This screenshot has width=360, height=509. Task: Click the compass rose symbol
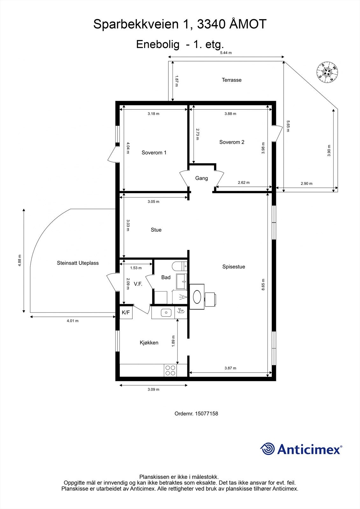click(327, 72)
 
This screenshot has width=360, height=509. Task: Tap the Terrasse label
click(231, 80)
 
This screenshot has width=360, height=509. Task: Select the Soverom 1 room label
click(154, 153)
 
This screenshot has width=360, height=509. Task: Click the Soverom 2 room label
click(232, 142)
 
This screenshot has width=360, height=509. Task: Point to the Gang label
click(201, 178)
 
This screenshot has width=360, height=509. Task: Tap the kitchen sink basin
click(166, 313)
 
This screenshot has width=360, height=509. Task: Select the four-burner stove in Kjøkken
click(170, 370)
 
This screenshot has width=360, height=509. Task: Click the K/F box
click(126, 312)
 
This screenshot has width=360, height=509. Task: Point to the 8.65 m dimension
click(263, 284)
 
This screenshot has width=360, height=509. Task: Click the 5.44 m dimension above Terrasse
click(226, 53)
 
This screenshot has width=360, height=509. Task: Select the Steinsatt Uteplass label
click(78, 263)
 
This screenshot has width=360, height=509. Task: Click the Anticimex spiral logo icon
click(267, 449)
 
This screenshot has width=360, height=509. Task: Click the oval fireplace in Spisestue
click(197, 297)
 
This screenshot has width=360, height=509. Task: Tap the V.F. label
click(138, 284)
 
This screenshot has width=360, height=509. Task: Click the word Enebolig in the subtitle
click(158, 44)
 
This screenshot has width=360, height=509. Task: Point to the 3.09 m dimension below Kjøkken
click(153, 389)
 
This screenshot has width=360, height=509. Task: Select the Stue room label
click(156, 230)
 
